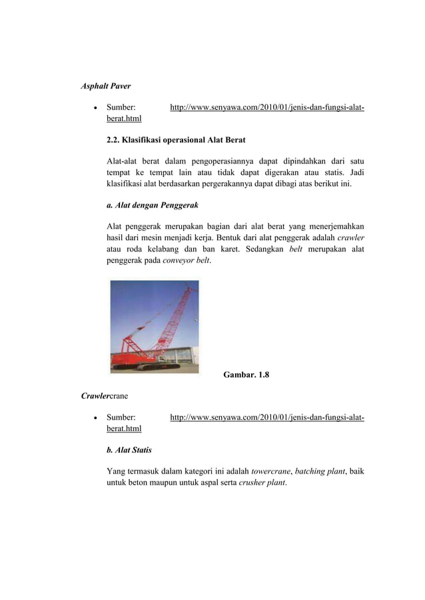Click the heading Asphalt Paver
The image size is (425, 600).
[105, 86]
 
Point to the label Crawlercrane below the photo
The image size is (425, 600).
[105, 396]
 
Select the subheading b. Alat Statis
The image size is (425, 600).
[129, 450]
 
